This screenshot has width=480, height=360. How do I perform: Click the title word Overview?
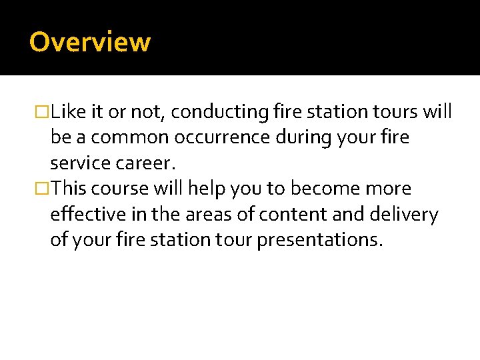click(90, 42)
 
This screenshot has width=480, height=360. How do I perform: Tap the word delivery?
click(405, 215)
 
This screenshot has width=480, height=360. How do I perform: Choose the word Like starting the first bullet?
click(64, 112)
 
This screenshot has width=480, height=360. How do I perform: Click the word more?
click(388, 189)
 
